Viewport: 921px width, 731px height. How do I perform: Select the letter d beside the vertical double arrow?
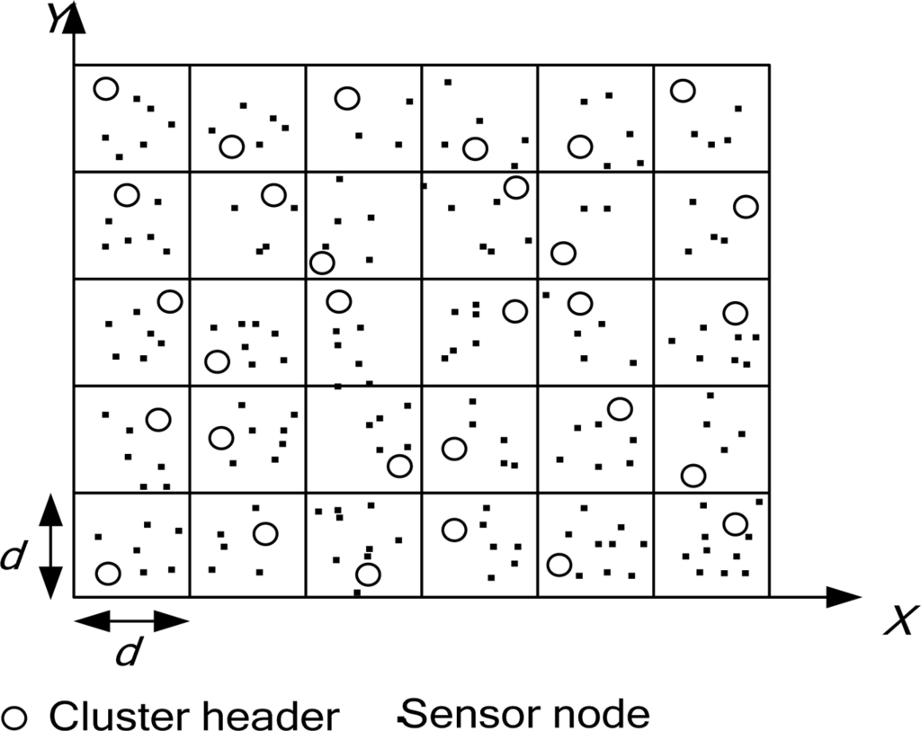(12, 557)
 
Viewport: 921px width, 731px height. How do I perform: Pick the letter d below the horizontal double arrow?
(129, 654)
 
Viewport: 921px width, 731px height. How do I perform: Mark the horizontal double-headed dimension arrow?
(131, 620)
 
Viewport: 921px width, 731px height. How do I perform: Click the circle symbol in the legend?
(17, 717)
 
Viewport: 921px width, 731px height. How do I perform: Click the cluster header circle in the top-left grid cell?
(106, 88)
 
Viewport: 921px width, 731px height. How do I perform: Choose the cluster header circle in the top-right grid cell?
(683, 90)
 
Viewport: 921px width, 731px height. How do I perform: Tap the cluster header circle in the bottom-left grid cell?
(108, 573)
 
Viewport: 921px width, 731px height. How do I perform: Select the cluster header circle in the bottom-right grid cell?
(735, 523)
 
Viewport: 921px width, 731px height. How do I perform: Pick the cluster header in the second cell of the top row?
(232, 147)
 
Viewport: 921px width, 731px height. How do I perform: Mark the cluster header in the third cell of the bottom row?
(367, 574)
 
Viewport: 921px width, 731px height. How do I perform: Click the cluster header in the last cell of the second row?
(746, 206)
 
